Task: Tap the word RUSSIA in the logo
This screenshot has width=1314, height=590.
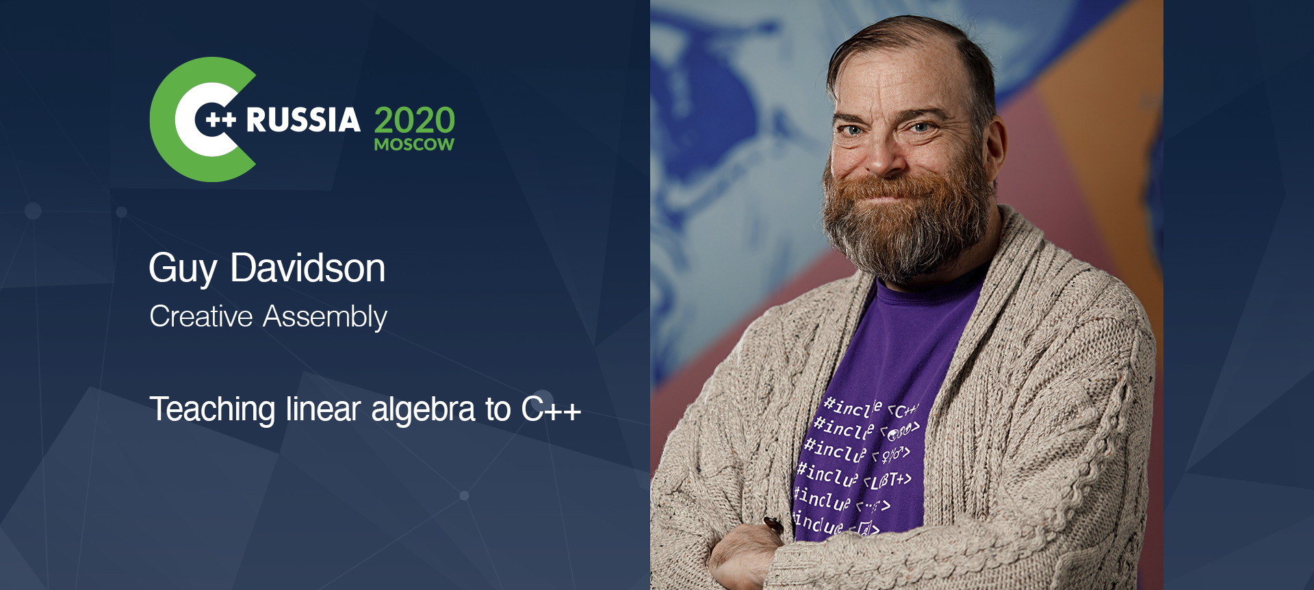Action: [302, 120]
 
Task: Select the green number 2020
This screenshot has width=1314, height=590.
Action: [414, 120]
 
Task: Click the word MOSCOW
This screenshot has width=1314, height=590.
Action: [414, 144]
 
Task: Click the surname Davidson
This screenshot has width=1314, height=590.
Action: [308, 268]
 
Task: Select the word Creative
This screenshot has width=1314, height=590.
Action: [201, 316]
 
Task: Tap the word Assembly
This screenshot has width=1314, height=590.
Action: [325, 317]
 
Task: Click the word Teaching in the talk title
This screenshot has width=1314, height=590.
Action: [212, 409]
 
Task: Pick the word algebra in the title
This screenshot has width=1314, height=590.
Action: [423, 409]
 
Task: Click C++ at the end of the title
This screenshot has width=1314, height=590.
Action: [551, 409]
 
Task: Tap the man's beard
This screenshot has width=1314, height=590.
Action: [903, 226]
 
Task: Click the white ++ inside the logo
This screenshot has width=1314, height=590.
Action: [220, 120]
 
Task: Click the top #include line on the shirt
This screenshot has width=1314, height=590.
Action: [869, 409]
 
